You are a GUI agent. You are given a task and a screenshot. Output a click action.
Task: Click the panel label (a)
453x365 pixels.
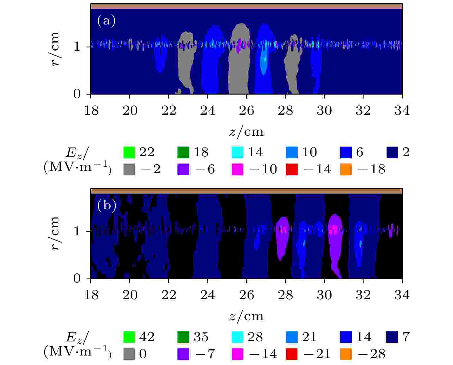tap(106, 21)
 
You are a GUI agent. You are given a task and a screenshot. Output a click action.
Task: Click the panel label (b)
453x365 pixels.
tap(107, 205)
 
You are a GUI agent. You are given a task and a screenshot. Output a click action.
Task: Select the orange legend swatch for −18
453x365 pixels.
tap(346, 169)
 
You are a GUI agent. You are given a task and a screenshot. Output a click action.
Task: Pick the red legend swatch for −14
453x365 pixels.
tap(292, 169)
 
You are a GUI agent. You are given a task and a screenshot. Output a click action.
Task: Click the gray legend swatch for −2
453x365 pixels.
tap(129, 169)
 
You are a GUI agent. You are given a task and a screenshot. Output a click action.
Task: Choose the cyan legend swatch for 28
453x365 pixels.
tap(238, 337)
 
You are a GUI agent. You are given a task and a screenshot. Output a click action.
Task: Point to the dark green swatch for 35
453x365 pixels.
tap(183, 337)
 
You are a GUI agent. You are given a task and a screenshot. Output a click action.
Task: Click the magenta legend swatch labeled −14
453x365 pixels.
tap(238, 354)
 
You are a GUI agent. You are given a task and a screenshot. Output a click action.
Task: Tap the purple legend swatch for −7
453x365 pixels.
tap(183, 354)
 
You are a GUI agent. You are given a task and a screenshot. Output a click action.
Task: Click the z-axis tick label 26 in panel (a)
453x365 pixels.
tap(246, 111)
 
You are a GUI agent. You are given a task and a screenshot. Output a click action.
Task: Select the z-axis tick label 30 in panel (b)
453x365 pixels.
tap(324, 295)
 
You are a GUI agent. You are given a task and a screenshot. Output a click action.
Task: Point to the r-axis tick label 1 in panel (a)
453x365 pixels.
tap(77, 47)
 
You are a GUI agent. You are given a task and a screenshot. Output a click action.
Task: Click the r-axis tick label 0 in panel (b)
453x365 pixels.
tap(77, 278)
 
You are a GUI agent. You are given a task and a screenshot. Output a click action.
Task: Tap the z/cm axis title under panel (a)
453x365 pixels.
tap(246, 132)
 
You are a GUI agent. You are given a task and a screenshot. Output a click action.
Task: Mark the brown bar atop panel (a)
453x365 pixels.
tap(246, 6)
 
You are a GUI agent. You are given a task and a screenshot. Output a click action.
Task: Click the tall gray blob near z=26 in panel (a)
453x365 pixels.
tap(239, 69)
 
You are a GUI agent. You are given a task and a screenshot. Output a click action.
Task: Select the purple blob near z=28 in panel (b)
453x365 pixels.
tap(282, 239)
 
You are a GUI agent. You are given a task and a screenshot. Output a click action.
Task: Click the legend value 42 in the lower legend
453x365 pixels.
tap(147, 337)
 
